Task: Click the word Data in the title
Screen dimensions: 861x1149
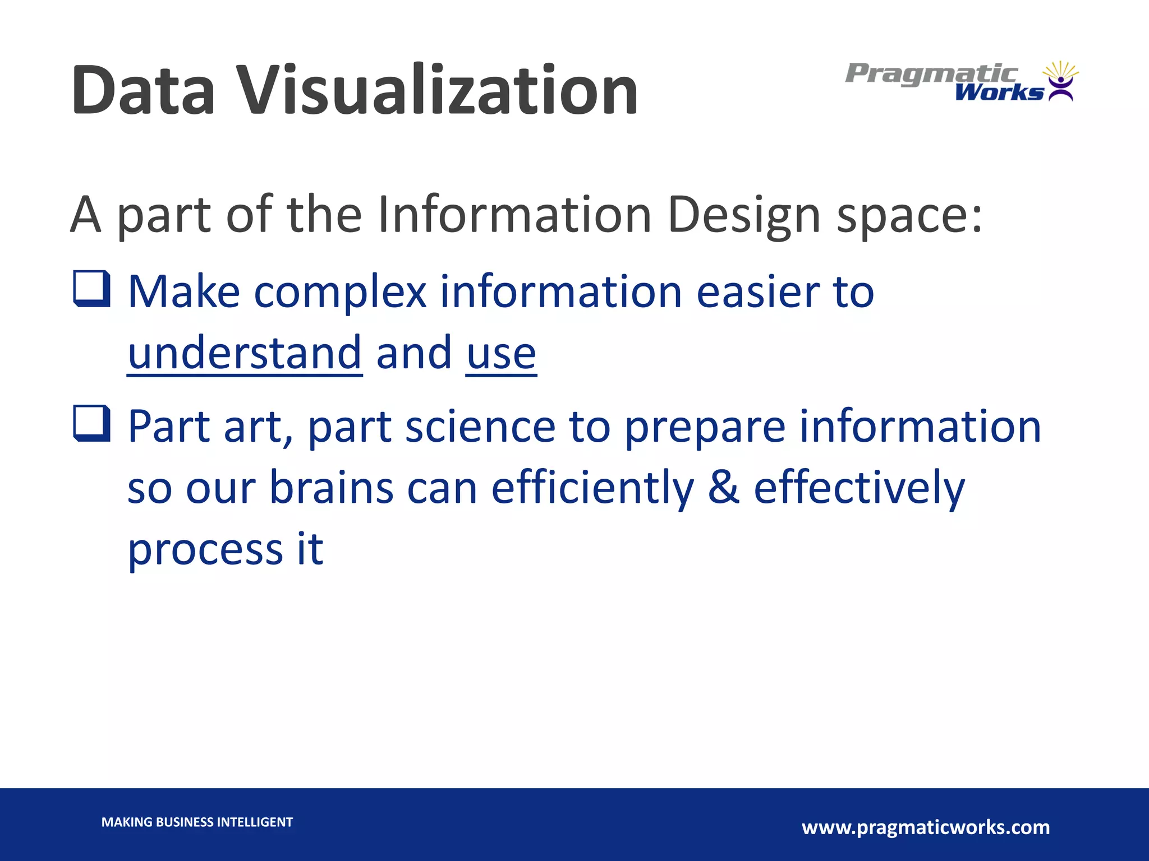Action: tap(144, 91)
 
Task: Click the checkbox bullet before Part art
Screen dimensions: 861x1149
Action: tap(91, 423)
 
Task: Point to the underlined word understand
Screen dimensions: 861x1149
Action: tap(245, 353)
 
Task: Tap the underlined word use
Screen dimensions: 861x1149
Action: tap(501, 353)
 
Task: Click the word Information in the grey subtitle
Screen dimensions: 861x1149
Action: tap(514, 215)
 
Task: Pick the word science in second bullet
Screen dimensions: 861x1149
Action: tap(480, 427)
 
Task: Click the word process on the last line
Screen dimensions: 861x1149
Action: tap(205, 549)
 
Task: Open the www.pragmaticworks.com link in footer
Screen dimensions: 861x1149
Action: tap(926, 827)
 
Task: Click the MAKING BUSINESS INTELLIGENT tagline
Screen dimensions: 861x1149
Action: tap(197, 822)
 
